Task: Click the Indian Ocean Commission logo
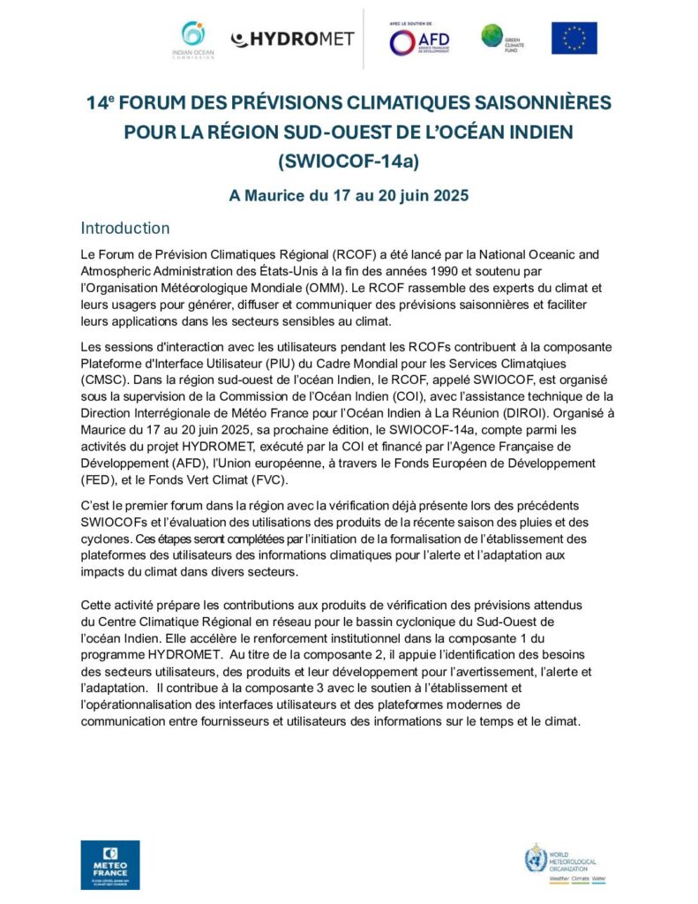click(192, 40)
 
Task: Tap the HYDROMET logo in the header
click(292, 39)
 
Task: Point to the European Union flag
click(574, 38)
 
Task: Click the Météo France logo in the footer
click(109, 864)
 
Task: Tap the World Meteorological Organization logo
click(567, 863)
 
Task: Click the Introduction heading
click(125, 228)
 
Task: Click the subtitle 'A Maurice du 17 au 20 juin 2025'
click(349, 195)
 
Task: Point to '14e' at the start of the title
click(104, 102)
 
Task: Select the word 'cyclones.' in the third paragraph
click(108, 538)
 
